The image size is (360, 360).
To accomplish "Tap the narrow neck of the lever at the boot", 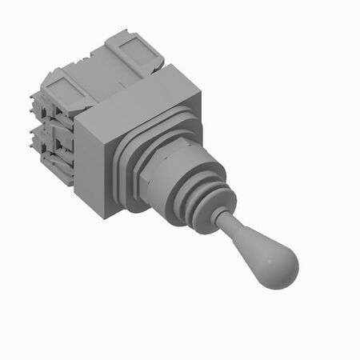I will click(226, 217).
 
